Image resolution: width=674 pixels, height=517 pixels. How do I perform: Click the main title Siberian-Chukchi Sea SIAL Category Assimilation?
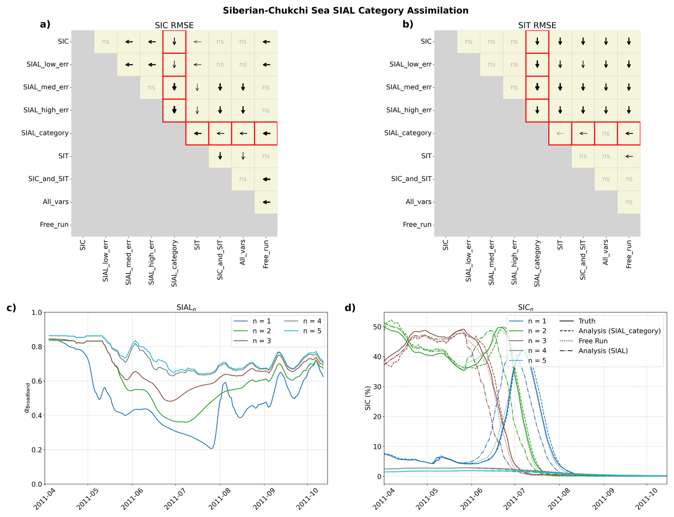345,11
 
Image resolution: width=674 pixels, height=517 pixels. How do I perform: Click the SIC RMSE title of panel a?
174,25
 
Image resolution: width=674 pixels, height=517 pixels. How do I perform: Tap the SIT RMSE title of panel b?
537,25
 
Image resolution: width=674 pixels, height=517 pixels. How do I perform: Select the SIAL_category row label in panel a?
45,133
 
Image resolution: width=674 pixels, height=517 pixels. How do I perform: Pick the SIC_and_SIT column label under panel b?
583,260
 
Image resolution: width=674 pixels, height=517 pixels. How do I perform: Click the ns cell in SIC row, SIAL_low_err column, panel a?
106,42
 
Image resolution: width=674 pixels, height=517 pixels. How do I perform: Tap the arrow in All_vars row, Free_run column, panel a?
266,202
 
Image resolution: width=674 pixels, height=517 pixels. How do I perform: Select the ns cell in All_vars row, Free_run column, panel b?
629,202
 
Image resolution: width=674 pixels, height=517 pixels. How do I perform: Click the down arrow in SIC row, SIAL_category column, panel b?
537,42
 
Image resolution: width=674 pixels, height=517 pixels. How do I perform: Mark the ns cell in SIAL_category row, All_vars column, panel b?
606,133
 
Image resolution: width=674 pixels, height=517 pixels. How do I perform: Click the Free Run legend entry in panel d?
593,341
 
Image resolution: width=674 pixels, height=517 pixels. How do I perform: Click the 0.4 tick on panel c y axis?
37,415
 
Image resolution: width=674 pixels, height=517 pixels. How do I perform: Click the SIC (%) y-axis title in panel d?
368,398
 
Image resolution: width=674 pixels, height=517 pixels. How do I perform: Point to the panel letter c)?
11,308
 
